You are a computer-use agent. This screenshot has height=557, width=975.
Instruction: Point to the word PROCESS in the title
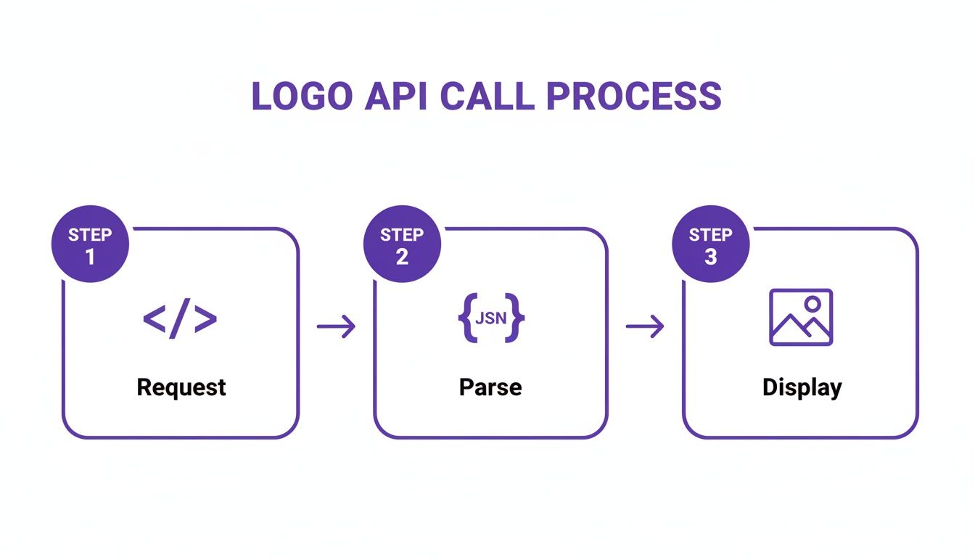(633, 97)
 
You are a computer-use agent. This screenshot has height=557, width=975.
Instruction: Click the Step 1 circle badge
(90, 245)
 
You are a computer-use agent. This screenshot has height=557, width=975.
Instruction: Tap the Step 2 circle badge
(402, 245)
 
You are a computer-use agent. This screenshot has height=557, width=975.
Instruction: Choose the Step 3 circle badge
(710, 245)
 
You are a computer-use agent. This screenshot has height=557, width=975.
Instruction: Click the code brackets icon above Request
(180, 319)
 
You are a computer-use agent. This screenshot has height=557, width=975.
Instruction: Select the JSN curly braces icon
(490, 318)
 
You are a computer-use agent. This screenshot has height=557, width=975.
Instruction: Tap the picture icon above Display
(801, 317)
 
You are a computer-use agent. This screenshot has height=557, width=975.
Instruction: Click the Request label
(181, 387)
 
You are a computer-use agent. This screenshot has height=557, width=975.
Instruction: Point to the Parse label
(490, 387)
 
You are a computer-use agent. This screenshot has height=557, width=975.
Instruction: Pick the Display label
(802, 388)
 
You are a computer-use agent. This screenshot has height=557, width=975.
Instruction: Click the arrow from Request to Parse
(336, 327)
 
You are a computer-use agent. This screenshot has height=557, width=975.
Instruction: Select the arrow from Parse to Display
(644, 327)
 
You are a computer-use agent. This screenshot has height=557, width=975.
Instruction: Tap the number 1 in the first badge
(90, 257)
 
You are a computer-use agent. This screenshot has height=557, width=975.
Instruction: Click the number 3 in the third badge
(710, 257)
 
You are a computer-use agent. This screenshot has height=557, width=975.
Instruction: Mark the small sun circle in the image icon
(812, 303)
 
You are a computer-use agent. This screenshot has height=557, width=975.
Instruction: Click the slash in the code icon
(180, 319)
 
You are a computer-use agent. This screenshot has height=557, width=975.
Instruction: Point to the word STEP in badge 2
(402, 235)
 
